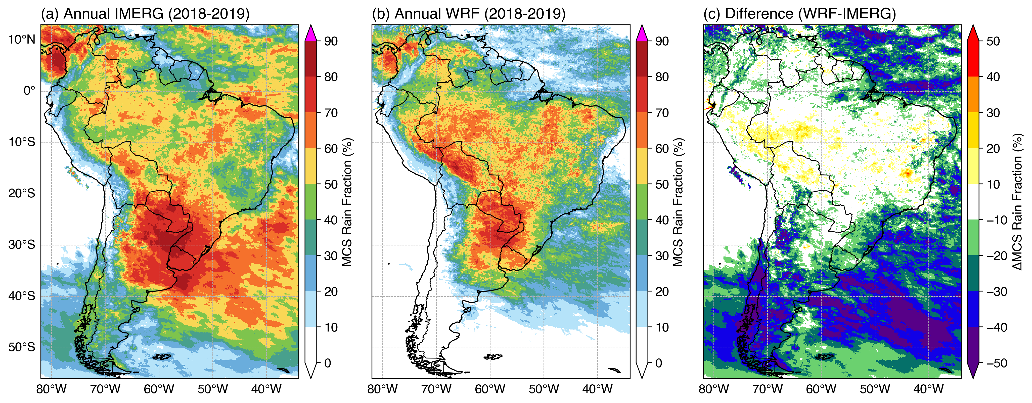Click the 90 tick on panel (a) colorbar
331,41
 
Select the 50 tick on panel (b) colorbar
662,185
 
